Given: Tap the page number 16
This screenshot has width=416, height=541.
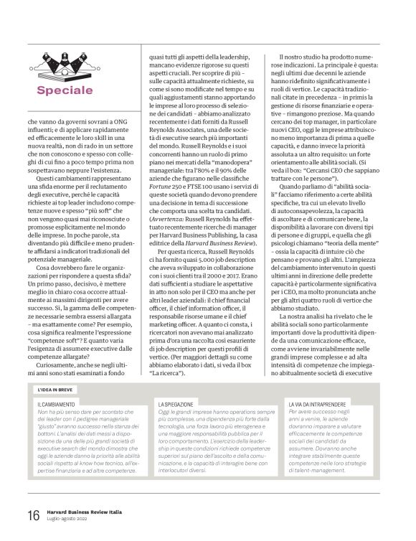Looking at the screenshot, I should coord(33,517).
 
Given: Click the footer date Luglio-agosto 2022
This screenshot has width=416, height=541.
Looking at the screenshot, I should coord(70,520).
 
